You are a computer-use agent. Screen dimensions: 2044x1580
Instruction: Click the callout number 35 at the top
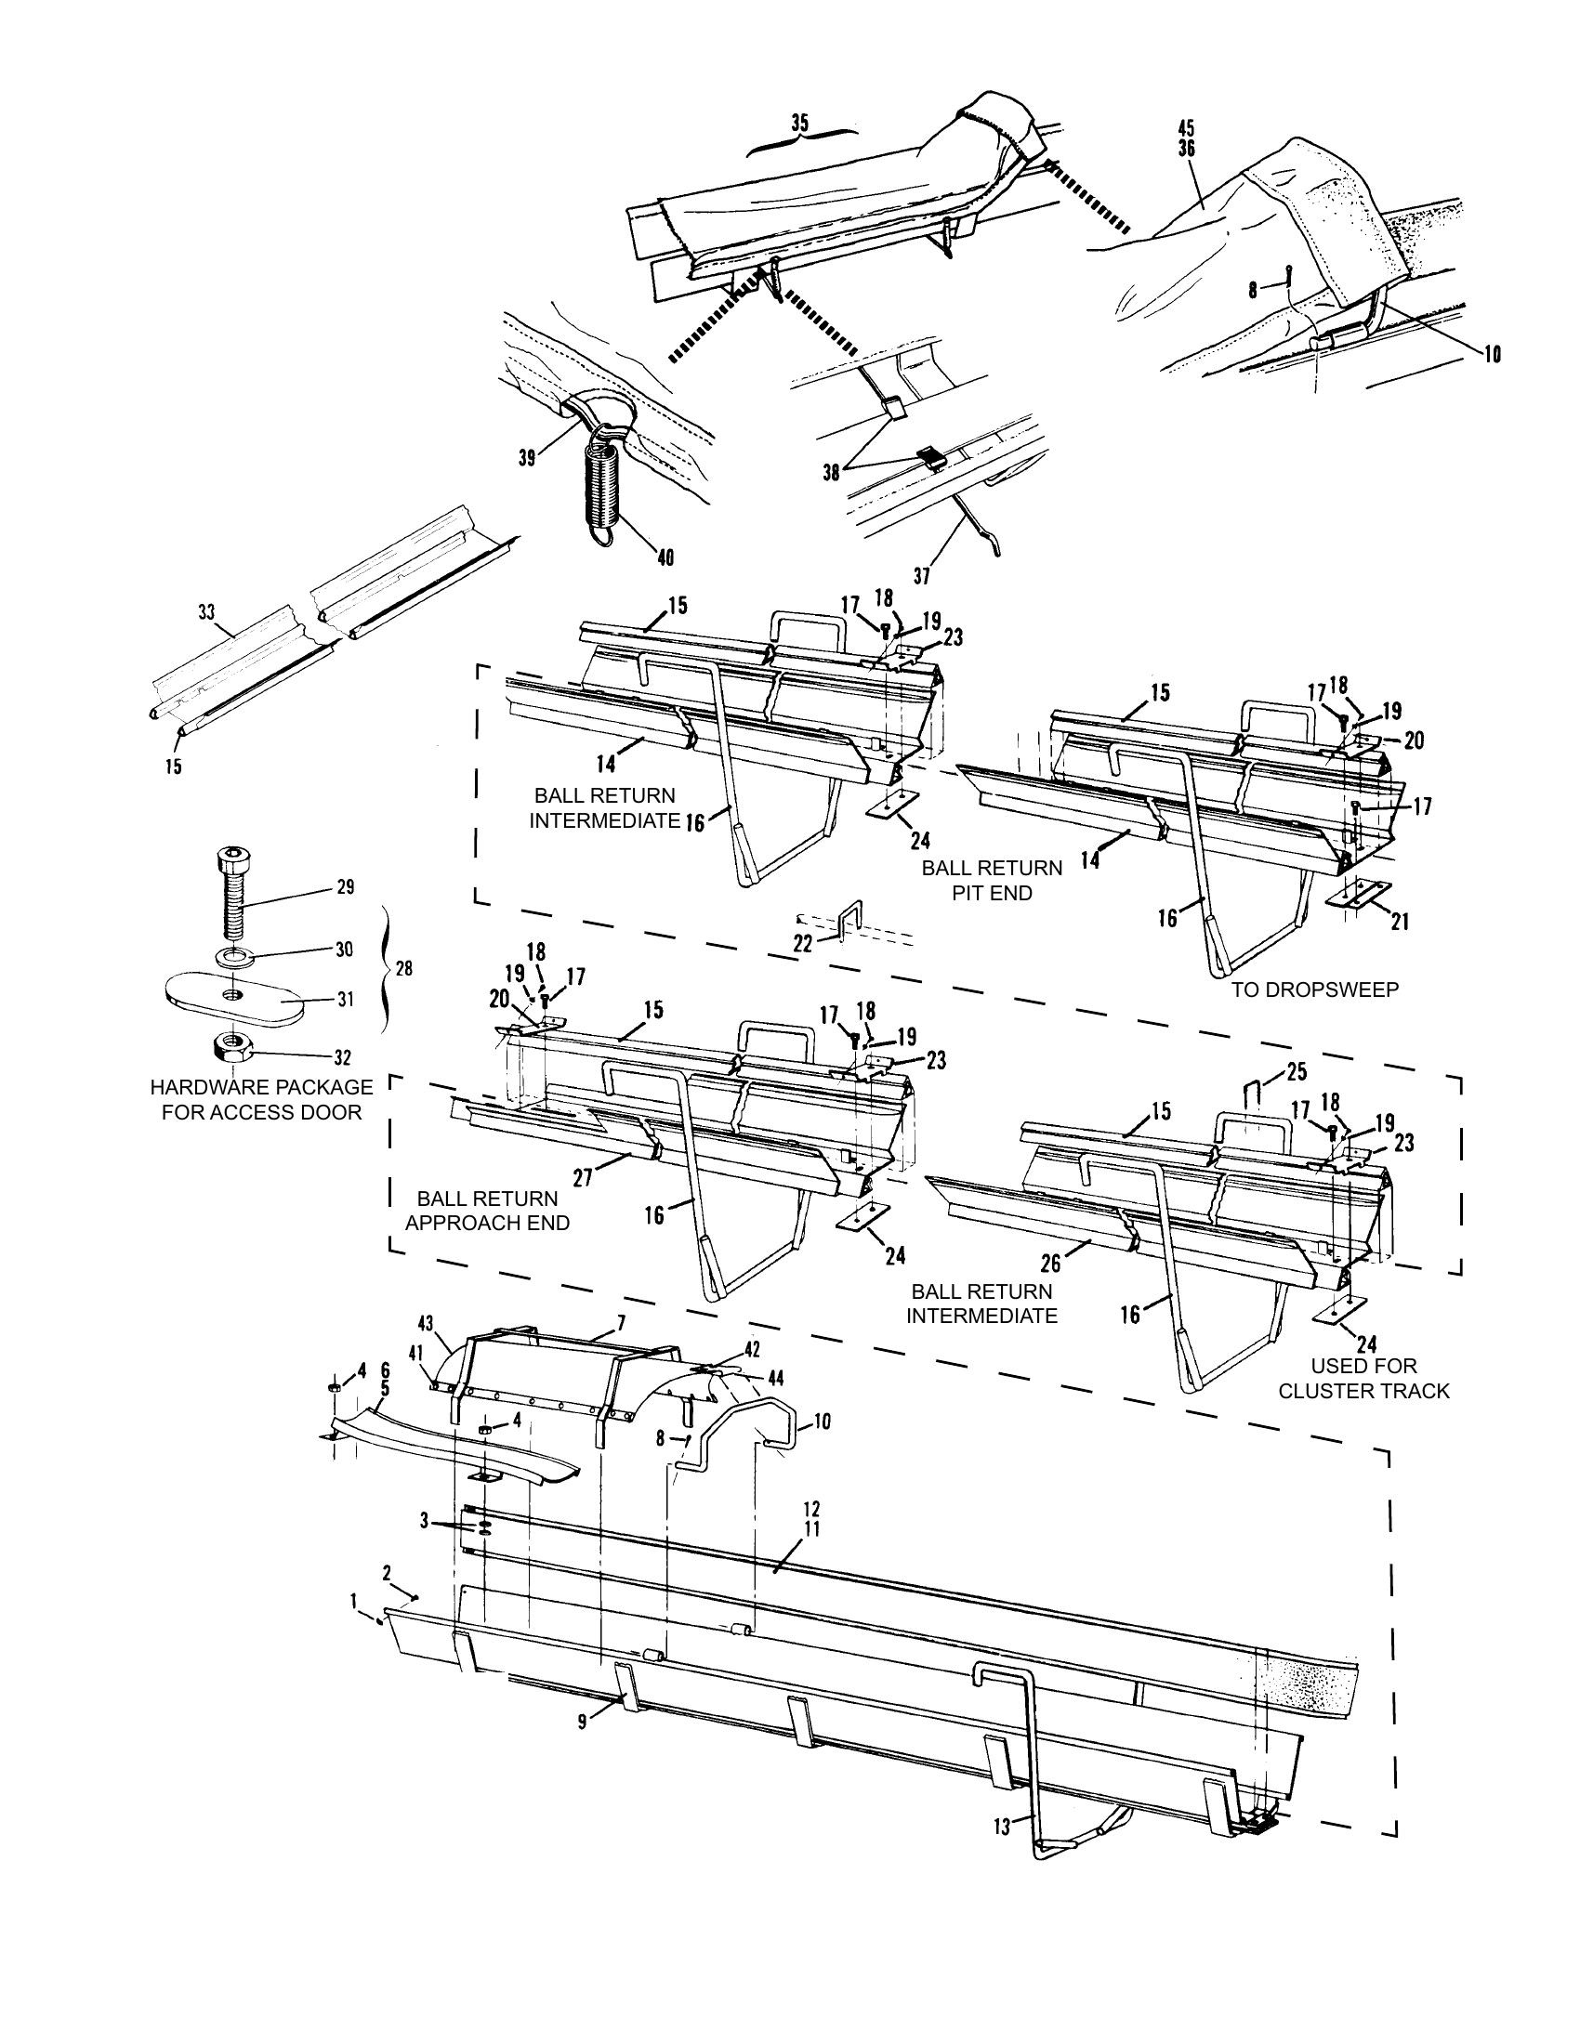(x=799, y=123)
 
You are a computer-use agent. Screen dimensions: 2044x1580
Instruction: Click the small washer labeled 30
(x=231, y=956)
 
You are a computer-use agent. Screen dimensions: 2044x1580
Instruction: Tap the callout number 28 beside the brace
(x=403, y=969)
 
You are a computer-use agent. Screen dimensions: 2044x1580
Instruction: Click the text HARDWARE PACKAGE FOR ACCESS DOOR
(x=261, y=1100)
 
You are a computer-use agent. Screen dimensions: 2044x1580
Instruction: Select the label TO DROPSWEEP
(x=1314, y=990)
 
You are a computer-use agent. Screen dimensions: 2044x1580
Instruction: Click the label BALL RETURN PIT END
(x=993, y=880)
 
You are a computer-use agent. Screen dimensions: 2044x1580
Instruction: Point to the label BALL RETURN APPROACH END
(x=487, y=1210)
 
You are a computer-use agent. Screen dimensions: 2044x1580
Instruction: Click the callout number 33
(x=207, y=613)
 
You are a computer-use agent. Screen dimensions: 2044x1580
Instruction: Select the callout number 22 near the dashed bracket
(x=803, y=944)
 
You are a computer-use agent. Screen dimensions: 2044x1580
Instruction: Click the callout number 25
(x=1297, y=1070)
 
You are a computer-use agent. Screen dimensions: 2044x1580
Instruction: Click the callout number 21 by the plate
(x=1399, y=922)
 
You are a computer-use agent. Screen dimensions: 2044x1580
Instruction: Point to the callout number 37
(x=921, y=577)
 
